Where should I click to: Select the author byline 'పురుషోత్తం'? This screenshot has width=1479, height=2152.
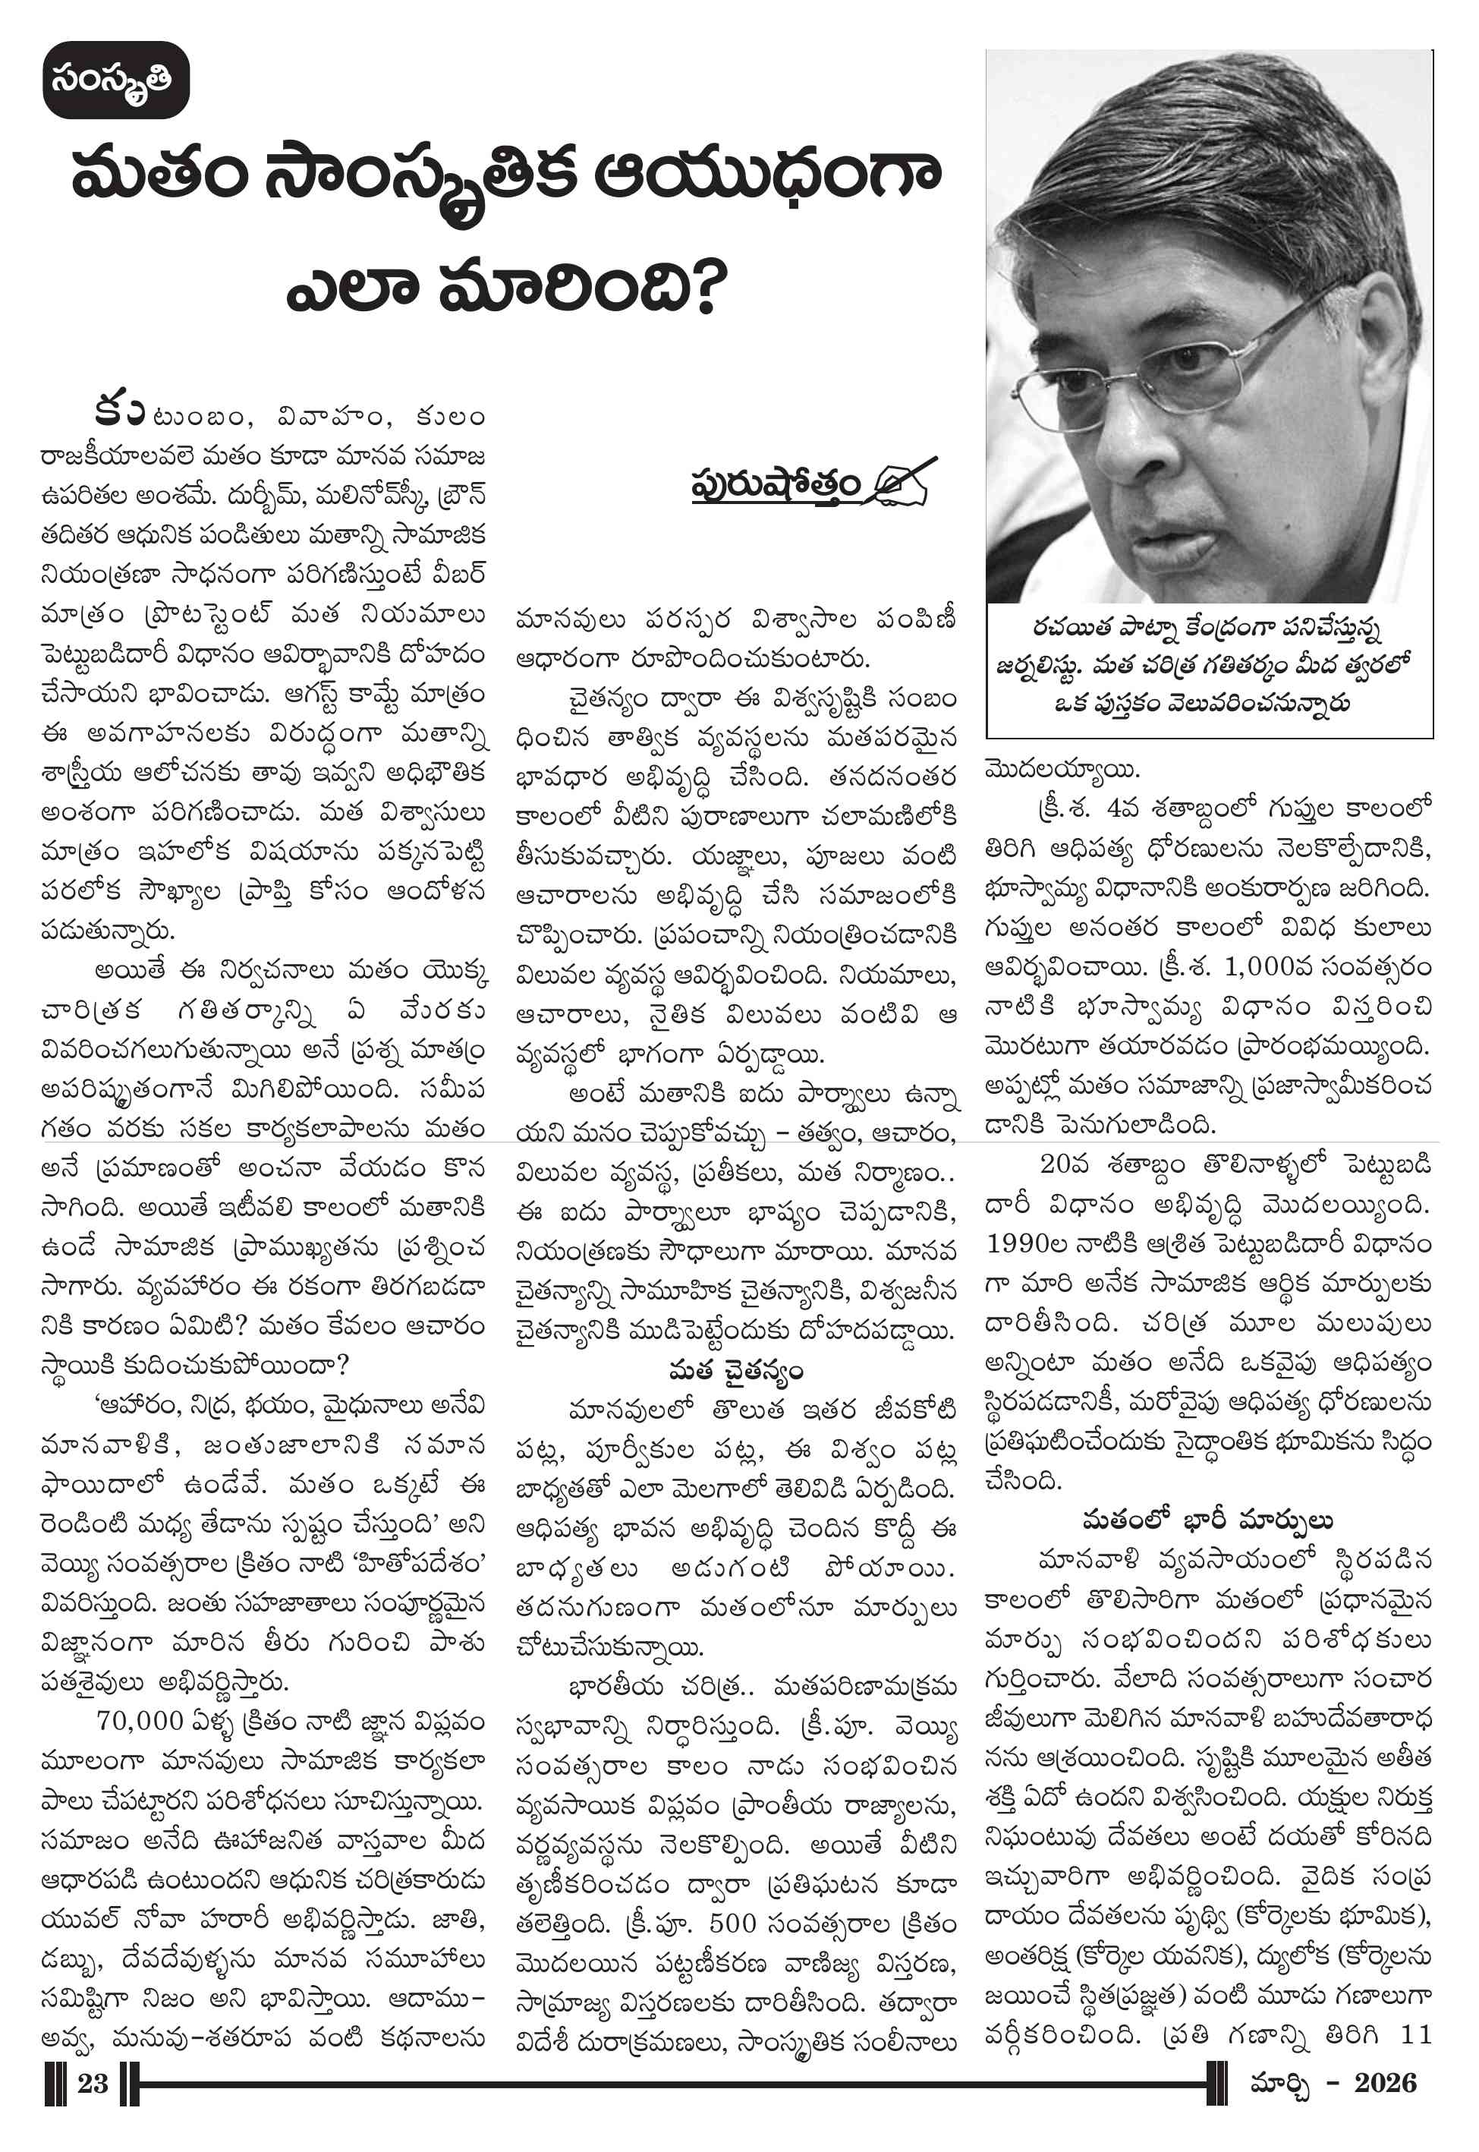(776, 486)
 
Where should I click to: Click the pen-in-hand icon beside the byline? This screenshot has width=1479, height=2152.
(901, 482)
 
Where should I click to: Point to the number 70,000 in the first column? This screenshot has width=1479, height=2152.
(140, 1720)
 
